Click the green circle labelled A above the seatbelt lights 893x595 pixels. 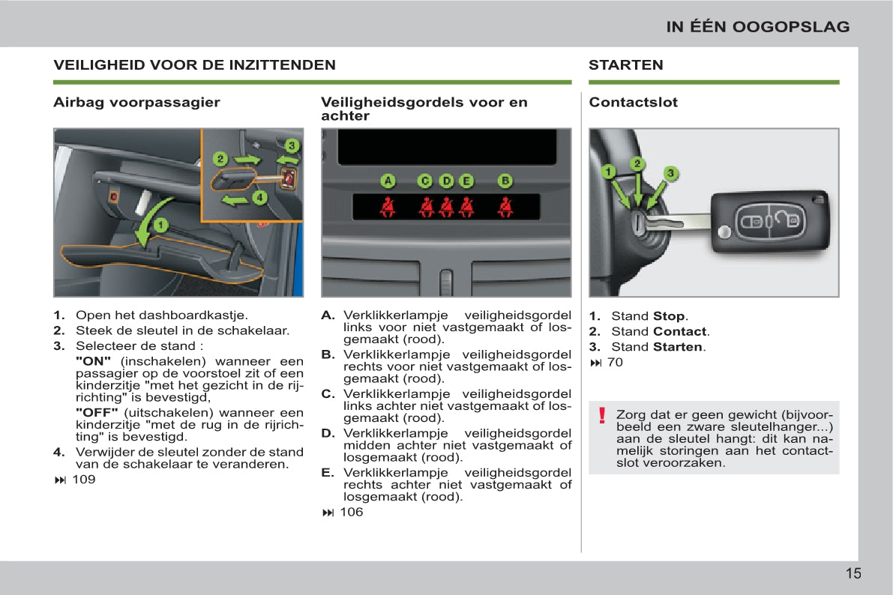click(x=388, y=181)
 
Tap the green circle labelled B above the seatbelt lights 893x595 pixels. click(x=505, y=181)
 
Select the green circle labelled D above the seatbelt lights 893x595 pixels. click(x=447, y=181)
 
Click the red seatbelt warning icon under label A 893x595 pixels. click(x=388, y=206)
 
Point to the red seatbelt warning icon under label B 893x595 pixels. click(x=505, y=206)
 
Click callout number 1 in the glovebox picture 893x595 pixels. click(x=160, y=224)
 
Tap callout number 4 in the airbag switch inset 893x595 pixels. click(x=259, y=198)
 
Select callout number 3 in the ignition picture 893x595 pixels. click(x=671, y=173)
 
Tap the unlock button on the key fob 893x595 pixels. click(x=787, y=220)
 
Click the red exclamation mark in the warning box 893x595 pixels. click(x=601, y=415)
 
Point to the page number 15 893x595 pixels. click(x=853, y=574)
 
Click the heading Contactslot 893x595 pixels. click(x=633, y=103)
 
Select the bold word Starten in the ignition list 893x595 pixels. click(x=677, y=347)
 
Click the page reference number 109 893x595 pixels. click(x=83, y=480)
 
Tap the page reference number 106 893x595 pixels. click(x=351, y=513)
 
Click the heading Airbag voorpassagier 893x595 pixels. click(x=136, y=103)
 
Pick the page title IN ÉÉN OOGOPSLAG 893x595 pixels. click(x=758, y=27)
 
